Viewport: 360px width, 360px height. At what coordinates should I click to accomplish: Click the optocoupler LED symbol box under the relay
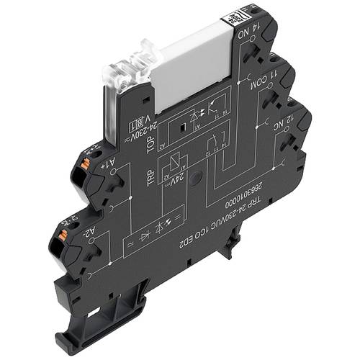[195, 116]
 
